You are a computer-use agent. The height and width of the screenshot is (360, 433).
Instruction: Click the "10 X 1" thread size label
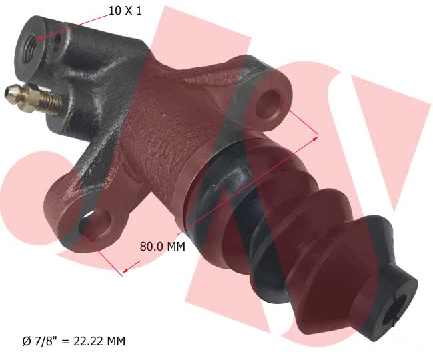(125, 11)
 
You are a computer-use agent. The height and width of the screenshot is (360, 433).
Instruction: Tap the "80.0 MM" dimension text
(162, 247)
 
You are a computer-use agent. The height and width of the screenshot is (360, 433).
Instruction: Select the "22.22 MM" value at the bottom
(99, 341)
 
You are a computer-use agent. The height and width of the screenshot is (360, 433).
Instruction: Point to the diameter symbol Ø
(27, 341)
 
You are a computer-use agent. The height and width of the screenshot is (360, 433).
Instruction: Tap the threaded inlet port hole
(29, 45)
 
